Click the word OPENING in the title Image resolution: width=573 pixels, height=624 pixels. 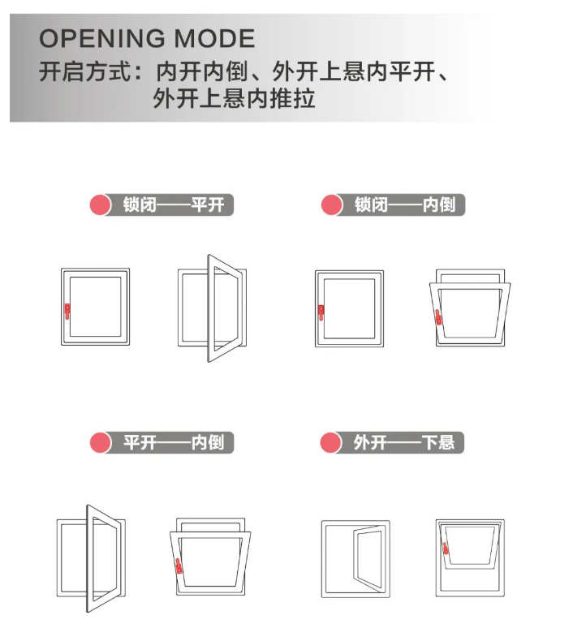[x=102, y=39]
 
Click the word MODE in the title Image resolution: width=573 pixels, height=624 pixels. [x=214, y=39]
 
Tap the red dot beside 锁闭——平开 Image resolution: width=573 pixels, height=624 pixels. [x=100, y=205]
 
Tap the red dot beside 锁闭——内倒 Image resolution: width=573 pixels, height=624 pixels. [x=331, y=205]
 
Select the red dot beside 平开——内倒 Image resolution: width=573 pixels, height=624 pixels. [x=101, y=442]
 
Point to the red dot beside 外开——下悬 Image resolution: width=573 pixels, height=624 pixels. [x=330, y=442]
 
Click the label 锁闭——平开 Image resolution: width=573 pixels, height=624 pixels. [x=174, y=205]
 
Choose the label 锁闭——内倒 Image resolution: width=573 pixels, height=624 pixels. [x=405, y=205]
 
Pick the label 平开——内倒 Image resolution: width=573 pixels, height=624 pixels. [x=174, y=442]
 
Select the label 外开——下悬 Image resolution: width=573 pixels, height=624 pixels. [x=404, y=442]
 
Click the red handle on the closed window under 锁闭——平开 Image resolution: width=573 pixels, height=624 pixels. [x=67, y=312]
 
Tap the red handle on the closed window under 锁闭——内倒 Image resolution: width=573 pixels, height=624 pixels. [x=321, y=312]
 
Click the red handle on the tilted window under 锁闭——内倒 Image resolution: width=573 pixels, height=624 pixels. [x=438, y=317]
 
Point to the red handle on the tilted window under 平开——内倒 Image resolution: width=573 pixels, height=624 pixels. [x=179, y=566]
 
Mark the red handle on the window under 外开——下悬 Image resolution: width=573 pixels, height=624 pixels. [x=446, y=549]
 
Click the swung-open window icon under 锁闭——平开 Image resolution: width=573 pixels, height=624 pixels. [x=213, y=308]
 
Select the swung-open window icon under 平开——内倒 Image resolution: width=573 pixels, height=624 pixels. [x=91, y=558]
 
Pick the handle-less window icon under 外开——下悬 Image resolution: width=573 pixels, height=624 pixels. [x=355, y=559]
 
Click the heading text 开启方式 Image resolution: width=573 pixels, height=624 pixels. [x=84, y=72]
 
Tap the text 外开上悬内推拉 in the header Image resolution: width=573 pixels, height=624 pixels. [x=234, y=98]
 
